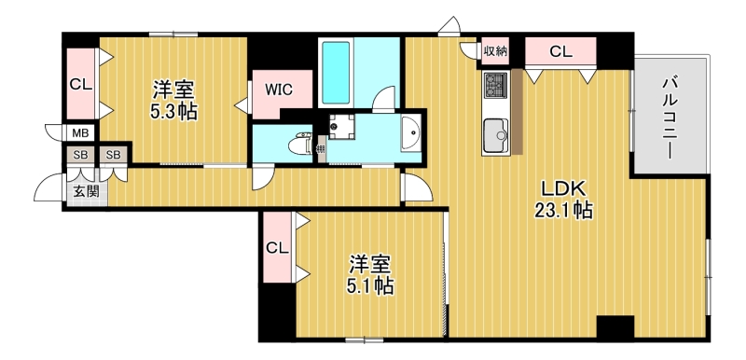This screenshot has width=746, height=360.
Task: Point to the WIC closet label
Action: point(278,90)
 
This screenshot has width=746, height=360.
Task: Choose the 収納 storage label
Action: point(495,51)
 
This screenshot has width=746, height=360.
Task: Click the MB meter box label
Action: point(80,133)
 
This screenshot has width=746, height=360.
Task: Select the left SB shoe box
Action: point(80,155)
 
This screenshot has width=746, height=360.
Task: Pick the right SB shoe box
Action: point(113,155)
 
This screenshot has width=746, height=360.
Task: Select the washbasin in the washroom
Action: point(410,132)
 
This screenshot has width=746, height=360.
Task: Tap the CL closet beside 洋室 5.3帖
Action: point(80,84)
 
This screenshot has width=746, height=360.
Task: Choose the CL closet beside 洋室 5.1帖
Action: point(276,248)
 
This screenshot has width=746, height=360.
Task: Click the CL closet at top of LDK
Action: point(559,51)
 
